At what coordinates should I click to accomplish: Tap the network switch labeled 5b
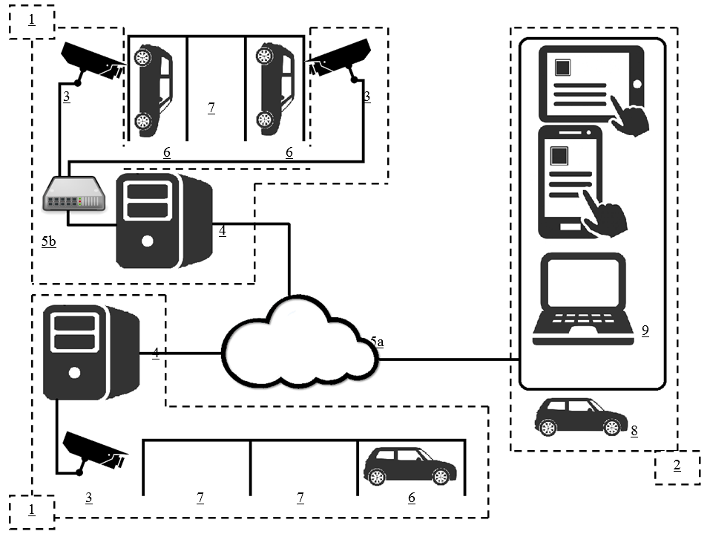coord(73,194)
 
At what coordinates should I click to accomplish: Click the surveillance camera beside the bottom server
coord(95,451)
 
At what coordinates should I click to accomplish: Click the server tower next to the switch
coord(163,221)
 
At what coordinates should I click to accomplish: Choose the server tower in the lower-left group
coord(91,353)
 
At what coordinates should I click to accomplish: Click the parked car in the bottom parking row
coord(410,466)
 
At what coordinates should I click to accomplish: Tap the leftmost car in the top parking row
coord(153,88)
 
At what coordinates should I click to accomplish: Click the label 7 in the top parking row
coord(211,108)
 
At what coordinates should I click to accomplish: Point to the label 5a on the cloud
coord(377,342)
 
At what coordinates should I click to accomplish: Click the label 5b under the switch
coord(49,242)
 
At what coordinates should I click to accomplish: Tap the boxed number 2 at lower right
coord(677,466)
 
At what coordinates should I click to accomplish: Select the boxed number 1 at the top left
coord(31,20)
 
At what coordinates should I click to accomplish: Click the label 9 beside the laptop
coord(645,331)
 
